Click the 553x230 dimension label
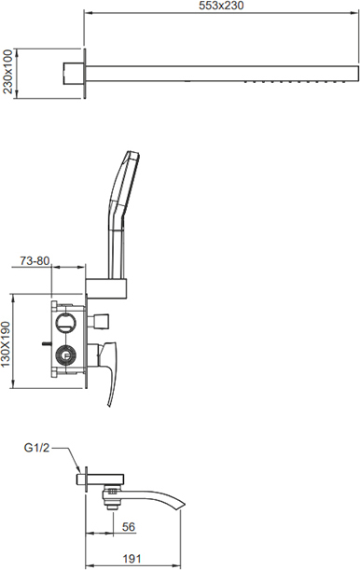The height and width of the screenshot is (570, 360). pos(221,6)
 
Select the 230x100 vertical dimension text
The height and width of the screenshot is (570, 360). pos(7,72)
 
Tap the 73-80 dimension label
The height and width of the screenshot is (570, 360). pos(35,260)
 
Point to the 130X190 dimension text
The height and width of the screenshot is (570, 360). pos(7,344)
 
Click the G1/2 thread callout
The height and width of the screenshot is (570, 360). pos(36,448)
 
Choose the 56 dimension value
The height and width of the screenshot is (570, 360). pos(128,527)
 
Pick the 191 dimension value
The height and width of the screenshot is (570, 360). pos(132,559)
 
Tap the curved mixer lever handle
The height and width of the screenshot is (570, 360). pos(110,374)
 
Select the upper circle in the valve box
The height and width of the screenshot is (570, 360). pos(65,322)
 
